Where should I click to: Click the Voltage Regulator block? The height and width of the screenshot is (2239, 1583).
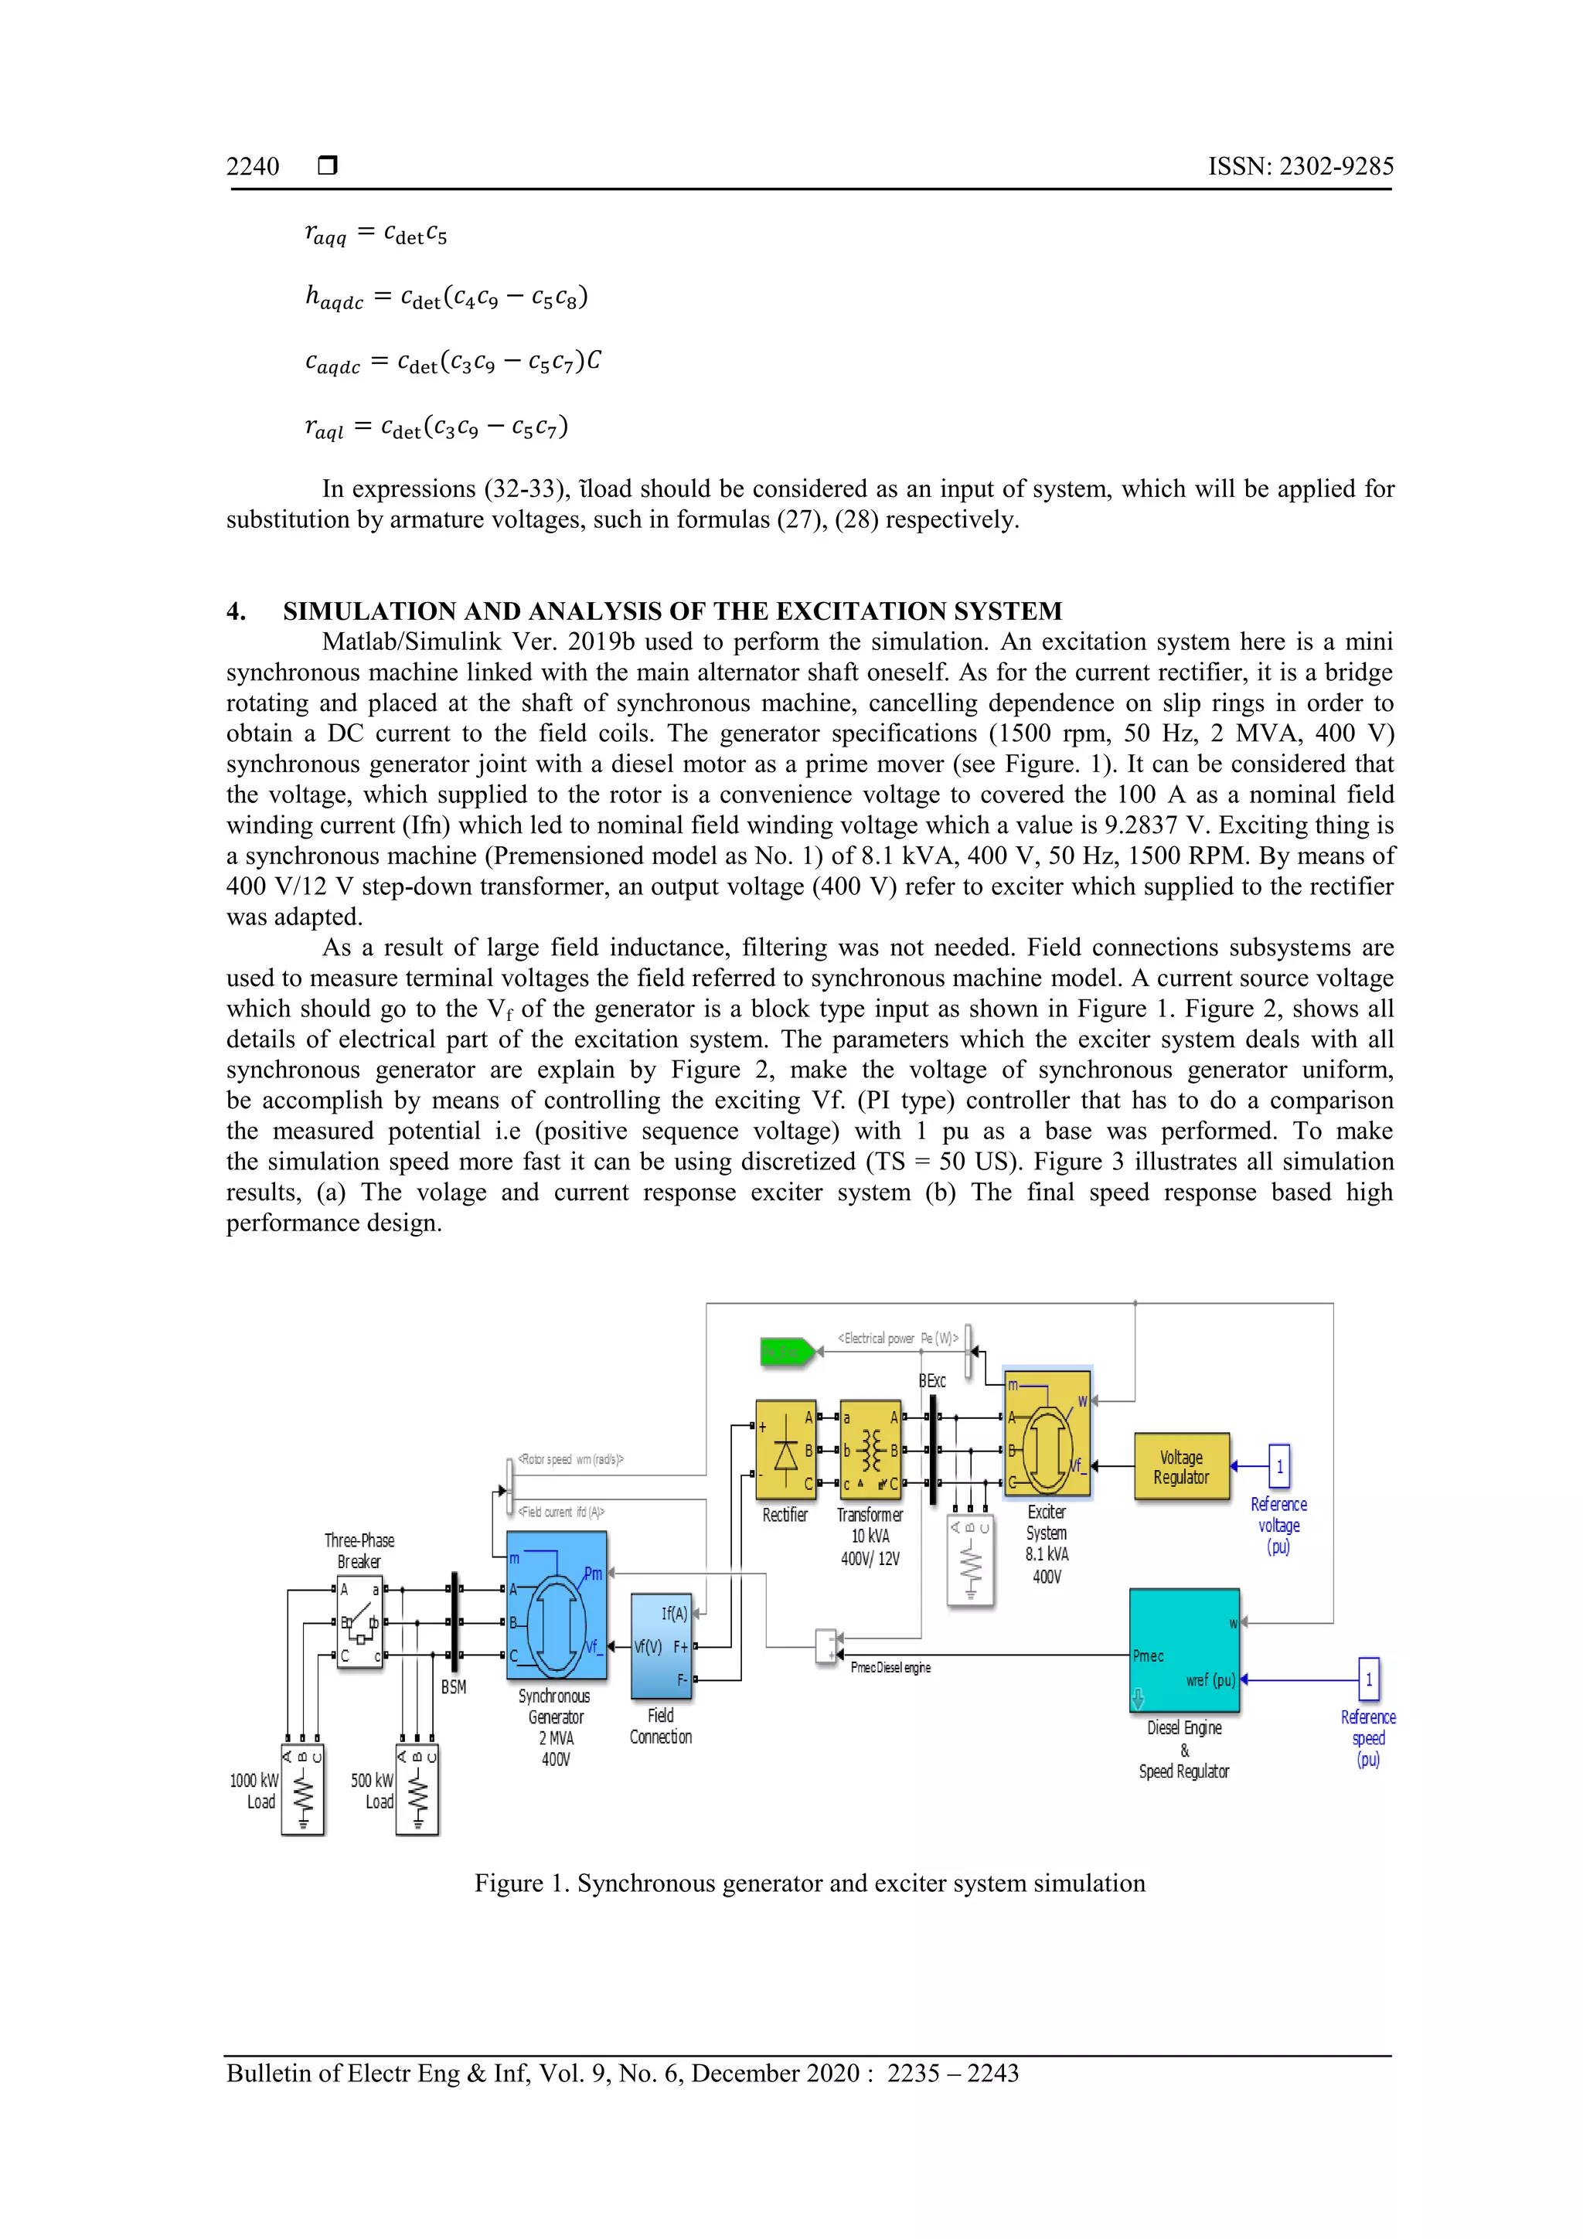(1181, 1465)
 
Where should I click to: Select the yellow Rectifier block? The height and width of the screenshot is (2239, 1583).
(785, 1449)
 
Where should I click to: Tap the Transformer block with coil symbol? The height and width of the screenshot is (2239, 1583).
(870, 1450)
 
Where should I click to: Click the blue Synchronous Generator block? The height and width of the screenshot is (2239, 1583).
(556, 1605)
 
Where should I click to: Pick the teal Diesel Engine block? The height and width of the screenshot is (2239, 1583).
(1184, 1650)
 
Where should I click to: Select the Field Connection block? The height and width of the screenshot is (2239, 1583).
(662, 1646)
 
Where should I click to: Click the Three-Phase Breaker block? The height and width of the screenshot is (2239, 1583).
(359, 1625)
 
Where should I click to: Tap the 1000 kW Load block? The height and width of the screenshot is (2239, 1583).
(302, 1789)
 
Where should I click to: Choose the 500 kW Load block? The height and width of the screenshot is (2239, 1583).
(417, 1789)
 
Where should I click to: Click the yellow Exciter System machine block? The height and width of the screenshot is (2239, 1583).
(1047, 1434)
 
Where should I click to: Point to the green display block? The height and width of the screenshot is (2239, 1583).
(786, 1352)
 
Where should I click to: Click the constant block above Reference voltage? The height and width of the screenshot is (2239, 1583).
(1278, 1465)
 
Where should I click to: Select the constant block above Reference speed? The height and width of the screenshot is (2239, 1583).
(1368, 1678)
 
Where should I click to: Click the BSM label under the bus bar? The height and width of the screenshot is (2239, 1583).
(454, 1687)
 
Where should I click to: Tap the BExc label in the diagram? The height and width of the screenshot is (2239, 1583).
(932, 1381)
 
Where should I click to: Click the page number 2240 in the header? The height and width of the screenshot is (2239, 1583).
(253, 167)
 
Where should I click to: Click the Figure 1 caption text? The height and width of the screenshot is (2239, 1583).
(809, 1883)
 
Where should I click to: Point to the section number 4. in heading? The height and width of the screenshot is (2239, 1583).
(236, 611)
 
